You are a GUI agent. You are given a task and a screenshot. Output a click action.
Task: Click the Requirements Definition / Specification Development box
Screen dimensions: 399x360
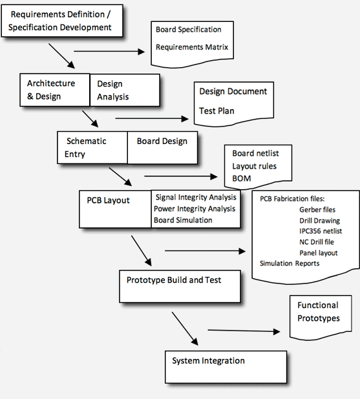click(61, 21)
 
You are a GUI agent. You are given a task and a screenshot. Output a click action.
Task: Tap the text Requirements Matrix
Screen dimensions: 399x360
click(191, 47)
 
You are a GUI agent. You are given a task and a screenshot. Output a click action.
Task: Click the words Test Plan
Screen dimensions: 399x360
click(217, 111)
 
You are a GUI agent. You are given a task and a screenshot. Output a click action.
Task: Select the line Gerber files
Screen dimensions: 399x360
click(317, 210)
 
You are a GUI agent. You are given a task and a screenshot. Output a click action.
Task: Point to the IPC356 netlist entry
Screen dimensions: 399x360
click(321, 231)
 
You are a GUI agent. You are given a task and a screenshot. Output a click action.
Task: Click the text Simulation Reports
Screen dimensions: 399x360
click(290, 263)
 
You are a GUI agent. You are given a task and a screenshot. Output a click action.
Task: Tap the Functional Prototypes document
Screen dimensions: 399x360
click(318, 312)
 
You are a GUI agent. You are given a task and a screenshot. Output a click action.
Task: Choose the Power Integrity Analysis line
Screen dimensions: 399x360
click(195, 209)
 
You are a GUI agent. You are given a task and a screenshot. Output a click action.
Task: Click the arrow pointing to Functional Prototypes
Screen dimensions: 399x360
click(244, 332)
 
